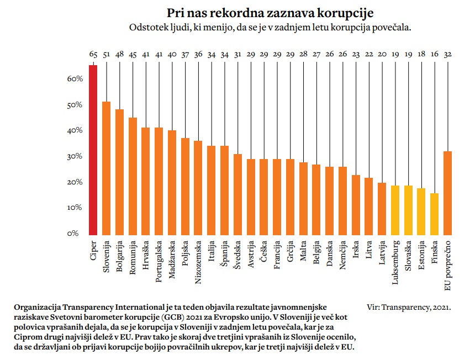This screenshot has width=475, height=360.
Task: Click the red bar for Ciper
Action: click(93, 149)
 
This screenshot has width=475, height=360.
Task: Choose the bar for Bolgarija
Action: click(119, 171)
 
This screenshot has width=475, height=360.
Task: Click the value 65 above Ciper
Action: click(93, 54)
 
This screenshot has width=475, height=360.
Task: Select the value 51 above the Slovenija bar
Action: click(107, 54)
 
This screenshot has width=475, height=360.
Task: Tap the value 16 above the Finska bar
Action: click(435, 54)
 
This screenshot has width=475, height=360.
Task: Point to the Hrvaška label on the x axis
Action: click(146, 254)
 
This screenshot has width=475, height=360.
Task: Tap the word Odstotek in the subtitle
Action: click(149, 27)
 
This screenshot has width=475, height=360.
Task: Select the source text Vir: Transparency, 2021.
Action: click(409, 306)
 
